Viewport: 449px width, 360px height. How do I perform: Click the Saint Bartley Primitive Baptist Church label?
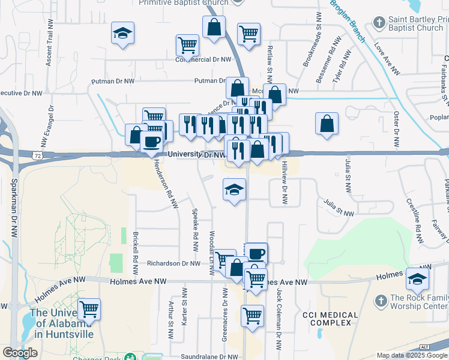click(415, 23)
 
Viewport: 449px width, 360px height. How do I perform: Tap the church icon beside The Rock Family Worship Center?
click(381, 301)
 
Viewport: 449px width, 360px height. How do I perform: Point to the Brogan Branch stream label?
click(347, 21)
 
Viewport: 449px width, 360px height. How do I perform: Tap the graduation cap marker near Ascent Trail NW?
click(123, 33)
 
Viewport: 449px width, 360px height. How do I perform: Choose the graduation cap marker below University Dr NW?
click(234, 190)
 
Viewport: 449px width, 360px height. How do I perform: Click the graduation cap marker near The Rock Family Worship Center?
click(417, 278)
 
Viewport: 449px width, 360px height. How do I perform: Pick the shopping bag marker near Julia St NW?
click(327, 123)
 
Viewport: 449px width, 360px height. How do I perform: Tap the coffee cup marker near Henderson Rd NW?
click(151, 142)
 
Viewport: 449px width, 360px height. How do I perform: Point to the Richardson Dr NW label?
click(174, 263)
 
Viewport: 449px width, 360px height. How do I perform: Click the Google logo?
click(20, 353)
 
